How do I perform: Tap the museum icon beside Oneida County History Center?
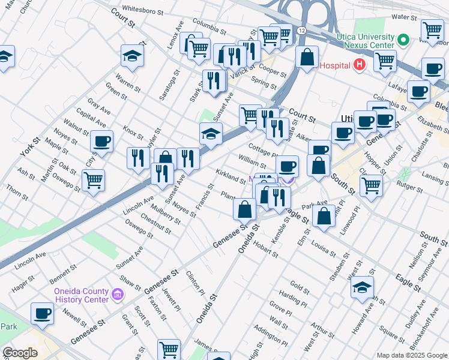tap(118, 295)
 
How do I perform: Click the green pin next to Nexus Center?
tap(403, 41)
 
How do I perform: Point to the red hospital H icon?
tap(360, 65)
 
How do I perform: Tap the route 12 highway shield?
tap(301, 30)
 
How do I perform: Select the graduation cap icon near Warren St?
tap(133, 56)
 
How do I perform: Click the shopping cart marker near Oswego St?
tap(93, 179)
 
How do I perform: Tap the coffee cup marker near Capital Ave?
tap(101, 142)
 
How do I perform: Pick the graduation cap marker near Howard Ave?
tap(363, 287)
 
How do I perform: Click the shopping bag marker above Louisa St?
tap(324, 217)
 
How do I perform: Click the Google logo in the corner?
tap(20, 353)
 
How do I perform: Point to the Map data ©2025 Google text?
tap(411, 355)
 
